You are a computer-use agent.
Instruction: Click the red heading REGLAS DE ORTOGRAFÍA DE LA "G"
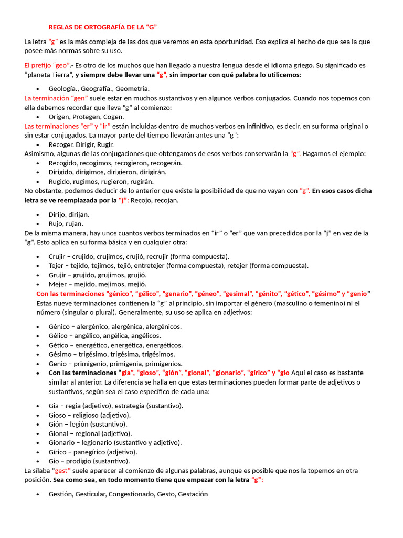103,27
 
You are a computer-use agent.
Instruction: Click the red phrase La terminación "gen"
56,98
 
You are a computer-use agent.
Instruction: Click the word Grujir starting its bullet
57,275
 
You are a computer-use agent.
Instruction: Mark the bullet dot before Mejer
38,284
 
